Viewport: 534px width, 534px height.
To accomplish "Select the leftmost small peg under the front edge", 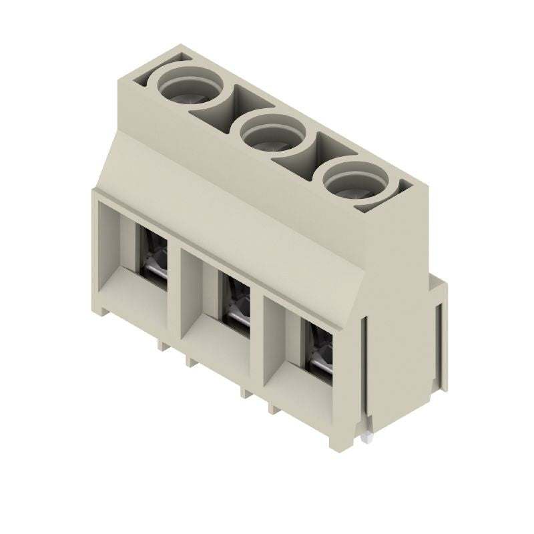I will click(161, 344).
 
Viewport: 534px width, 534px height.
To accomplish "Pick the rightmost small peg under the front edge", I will click(272, 407).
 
